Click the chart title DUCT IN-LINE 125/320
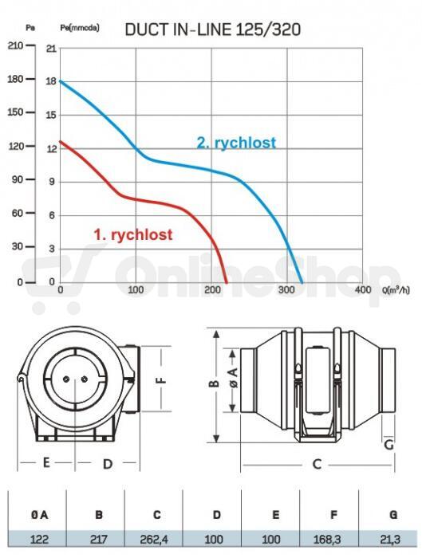point(213,29)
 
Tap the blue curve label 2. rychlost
point(236,143)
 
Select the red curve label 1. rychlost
point(133,234)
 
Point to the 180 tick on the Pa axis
point(16,79)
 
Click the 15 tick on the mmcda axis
point(51,115)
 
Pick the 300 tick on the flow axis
point(286,289)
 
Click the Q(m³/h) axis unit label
point(396,290)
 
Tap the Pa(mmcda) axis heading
point(80,28)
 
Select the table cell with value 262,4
point(154,540)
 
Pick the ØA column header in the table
point(40,515)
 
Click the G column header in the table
point(393,515)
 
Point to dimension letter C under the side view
point(317,464)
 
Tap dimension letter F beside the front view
point(161,379)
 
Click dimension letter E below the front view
point(46,462)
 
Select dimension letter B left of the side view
point(214,383)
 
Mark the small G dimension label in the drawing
point(388,445)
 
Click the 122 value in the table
point(39,540)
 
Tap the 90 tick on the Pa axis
point(17,179)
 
